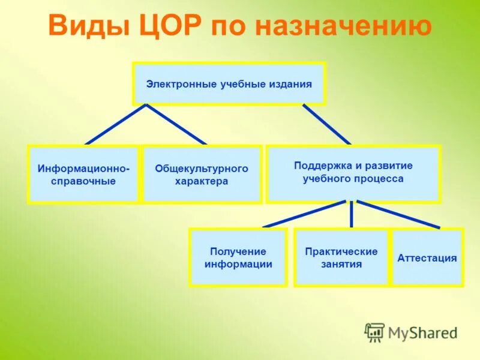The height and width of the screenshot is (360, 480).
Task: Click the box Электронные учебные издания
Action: (x=229, y=83)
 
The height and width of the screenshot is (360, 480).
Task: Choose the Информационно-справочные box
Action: (x=83, y=175)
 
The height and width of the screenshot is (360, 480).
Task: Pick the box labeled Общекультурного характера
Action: (x=202, y=175)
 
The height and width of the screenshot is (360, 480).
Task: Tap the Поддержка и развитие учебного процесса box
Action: (x=353, y=173)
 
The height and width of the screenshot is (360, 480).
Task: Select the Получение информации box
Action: (x=238, y=257)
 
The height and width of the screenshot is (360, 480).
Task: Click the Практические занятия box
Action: (x=341, y=257)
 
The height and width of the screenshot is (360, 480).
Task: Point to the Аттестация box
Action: (x=427, y=258)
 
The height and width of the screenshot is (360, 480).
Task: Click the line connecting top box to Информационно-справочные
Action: (x=116, y=125)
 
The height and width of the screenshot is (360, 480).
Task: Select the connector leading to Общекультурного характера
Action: (x=176, y=125)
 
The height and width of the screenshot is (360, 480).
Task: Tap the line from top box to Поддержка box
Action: (x=326, y=125)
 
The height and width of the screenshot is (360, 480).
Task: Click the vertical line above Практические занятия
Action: (x=352, y=214)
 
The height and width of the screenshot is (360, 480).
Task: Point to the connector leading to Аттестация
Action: (x=398, y=214)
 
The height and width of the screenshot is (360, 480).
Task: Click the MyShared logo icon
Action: (x=374, y=332)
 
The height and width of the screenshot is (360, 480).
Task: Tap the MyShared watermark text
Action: (x=422, y=332)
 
